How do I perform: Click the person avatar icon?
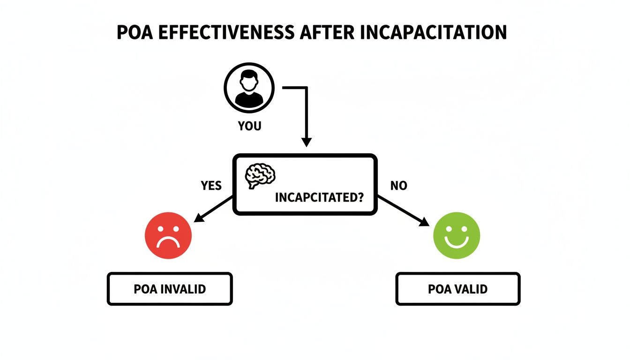point(248,87)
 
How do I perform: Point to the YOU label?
point(249,126)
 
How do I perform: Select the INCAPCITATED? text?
point(319,197)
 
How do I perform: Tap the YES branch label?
point(211,186)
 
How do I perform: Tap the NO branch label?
point(398,186)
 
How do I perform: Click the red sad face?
point(168,236)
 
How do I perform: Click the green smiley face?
point(457,236)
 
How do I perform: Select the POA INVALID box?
point(170,289)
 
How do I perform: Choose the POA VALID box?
point(458,289)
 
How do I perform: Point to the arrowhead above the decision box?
point(306,141)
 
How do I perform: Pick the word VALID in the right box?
point(471,289)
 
